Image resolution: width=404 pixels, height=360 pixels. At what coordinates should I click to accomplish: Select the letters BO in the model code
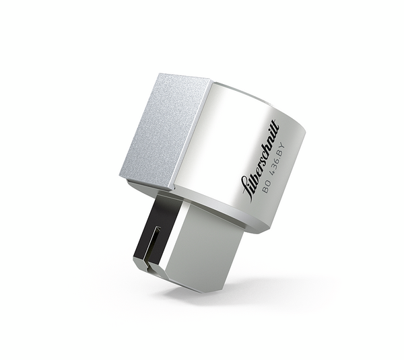point(267,188)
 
